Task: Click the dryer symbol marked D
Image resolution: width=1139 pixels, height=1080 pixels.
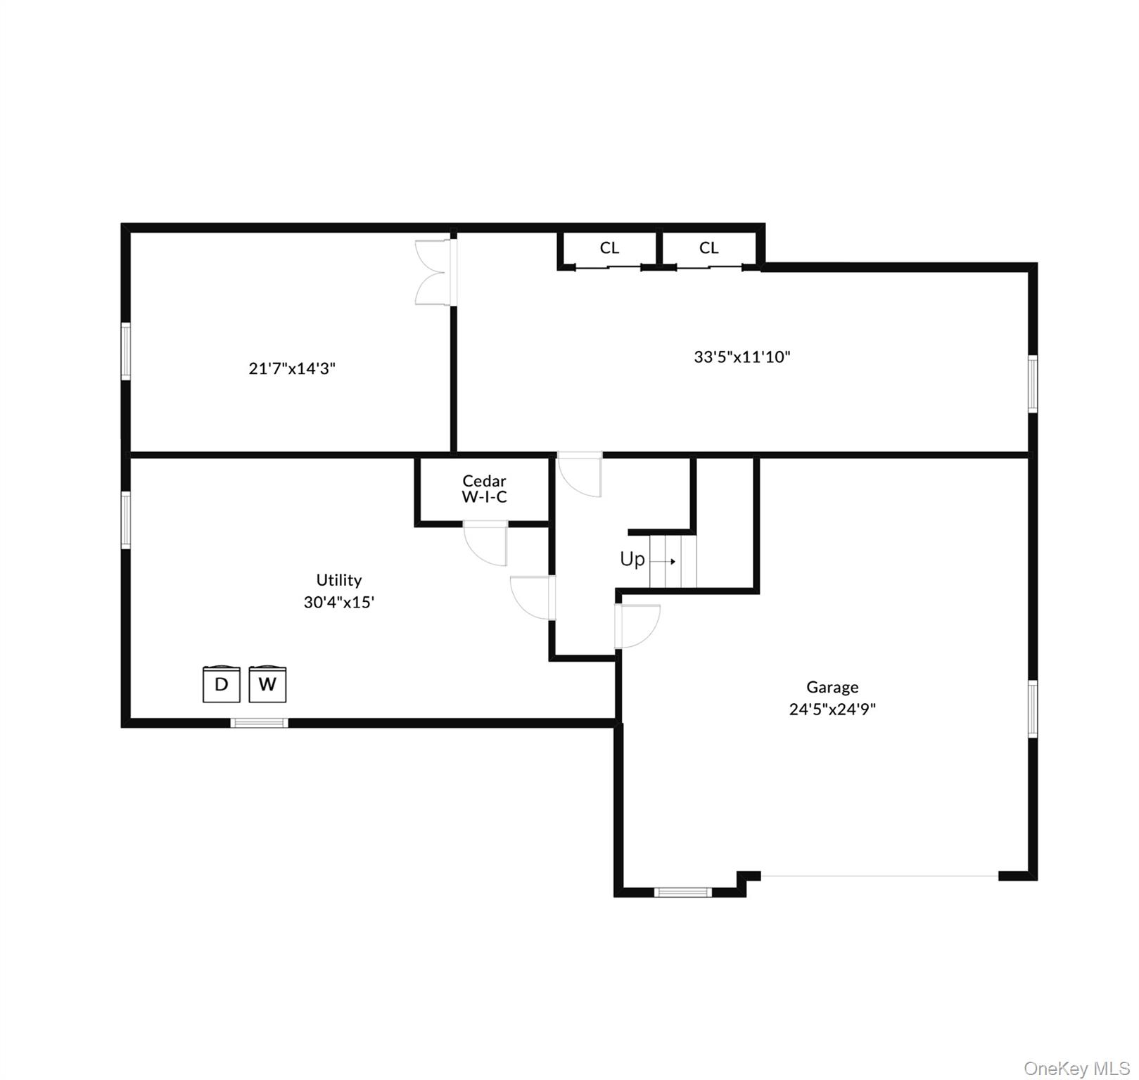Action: (x=222, y=683)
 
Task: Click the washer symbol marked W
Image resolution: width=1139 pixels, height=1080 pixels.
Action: (x=267, y=683)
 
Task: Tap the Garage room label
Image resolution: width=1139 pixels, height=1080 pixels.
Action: (x=832, y=687)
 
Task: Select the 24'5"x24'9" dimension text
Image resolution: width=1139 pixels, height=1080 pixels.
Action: (x=832, y=709)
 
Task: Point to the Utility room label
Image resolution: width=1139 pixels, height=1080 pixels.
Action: (x=338, y=580)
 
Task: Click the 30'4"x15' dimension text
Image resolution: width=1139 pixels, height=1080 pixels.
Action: (x=338, y=602)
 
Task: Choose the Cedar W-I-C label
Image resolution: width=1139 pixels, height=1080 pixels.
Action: (x=484, y=489)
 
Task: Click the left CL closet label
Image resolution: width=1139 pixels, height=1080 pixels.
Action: (x=609, y=247)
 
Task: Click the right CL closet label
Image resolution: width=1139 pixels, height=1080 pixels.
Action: (x=708, y=247)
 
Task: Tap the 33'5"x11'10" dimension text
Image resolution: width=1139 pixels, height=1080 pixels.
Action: (x=742, y=356)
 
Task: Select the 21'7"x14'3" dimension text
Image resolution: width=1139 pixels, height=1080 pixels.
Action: (x=292, y=368)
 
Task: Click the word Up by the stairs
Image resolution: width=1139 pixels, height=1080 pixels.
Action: (x=632, y=559)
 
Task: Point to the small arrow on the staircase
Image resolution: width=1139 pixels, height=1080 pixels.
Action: (x=663, y=561)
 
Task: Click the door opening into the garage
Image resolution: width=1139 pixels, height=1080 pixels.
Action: (x=636, y=626)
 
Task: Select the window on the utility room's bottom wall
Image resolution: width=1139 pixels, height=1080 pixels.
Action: (x=260, y=722)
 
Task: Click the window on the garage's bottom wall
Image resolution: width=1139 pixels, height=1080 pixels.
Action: (x=683, y=892)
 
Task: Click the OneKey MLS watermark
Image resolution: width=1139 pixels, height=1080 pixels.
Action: (x=1076, y=1069)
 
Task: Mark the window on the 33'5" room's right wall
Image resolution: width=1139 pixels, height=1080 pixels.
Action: (x=1032, y=383)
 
